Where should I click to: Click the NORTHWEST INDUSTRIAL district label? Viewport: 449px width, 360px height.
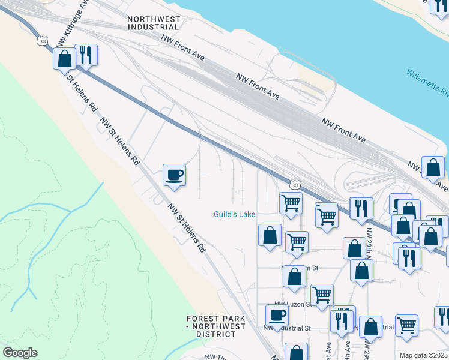(154, 23)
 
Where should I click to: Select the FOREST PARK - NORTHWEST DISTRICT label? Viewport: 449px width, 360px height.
(215, 326)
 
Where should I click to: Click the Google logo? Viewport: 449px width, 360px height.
(20, 353)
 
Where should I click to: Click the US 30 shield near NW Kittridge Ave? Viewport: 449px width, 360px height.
(41, 40)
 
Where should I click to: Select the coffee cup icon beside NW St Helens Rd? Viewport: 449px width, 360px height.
(174, 175)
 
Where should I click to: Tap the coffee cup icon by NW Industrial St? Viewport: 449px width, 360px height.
(277, 315)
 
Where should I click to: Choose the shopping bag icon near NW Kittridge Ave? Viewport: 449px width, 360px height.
(64, 59)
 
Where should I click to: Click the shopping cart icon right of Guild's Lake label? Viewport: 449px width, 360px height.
(291, 202)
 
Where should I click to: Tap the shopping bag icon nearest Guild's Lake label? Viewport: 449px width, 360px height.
(270, 235)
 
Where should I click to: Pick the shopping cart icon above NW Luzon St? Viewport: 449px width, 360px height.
(322, 295)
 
